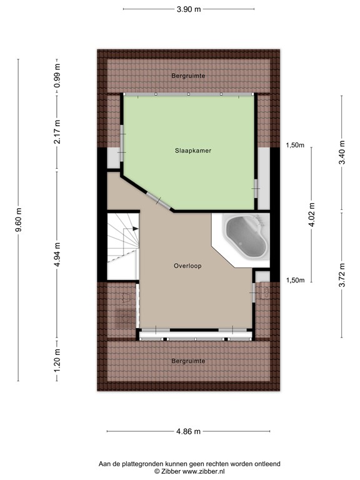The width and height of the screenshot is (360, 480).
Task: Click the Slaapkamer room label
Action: click(x=189, y=151)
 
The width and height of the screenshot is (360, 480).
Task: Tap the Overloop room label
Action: click(x=187, y=266)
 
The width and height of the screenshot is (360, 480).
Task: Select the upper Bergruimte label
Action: click(x=188, y=76)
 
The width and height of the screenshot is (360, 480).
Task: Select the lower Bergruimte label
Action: click(x=188, y=361)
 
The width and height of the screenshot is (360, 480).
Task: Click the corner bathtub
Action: click(x=245, y=237)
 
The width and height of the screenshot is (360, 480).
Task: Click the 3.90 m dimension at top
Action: click(x=189, y=9)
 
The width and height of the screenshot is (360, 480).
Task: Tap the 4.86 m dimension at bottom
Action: click(x=189, y=431)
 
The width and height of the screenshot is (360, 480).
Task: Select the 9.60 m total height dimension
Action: click(x=18, y=220)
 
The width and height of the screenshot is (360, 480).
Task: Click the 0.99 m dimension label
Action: click(x=57, y=76)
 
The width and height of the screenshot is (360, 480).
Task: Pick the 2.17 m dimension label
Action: click(x=57, y=131)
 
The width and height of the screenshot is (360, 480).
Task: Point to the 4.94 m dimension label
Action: click(x=57, y=255)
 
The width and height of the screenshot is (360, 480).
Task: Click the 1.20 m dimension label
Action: click(x=57, y=361)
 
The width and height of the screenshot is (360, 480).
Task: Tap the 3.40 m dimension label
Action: click(x=341, y=153)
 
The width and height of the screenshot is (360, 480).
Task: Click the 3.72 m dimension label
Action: click(x=341, y=273)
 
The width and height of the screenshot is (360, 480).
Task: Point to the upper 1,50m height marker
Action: click(x=294, y=145)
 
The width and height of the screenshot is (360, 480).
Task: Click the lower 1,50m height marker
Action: click(x=294, y=280)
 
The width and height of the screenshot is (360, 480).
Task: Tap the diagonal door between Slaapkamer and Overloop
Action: click(x=158, y=199)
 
